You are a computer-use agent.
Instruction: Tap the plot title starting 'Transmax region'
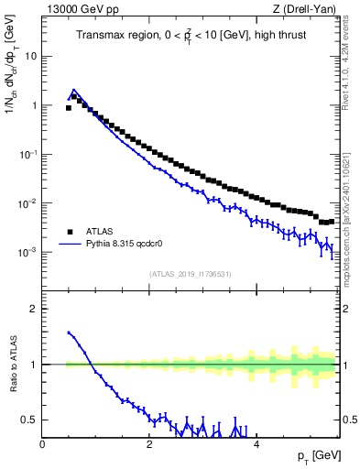(x=191, y=35)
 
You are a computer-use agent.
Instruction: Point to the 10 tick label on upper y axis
(x=32, y=56)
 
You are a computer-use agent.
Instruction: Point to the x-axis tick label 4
(x=256, y=444)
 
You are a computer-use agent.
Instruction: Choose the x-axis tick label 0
(x=42, y=444)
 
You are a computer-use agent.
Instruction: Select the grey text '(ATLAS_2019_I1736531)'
(x=191, y=273)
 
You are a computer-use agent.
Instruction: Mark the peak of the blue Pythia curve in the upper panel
(x=74, y=90)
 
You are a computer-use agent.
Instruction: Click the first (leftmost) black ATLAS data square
(x=68, y=108)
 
